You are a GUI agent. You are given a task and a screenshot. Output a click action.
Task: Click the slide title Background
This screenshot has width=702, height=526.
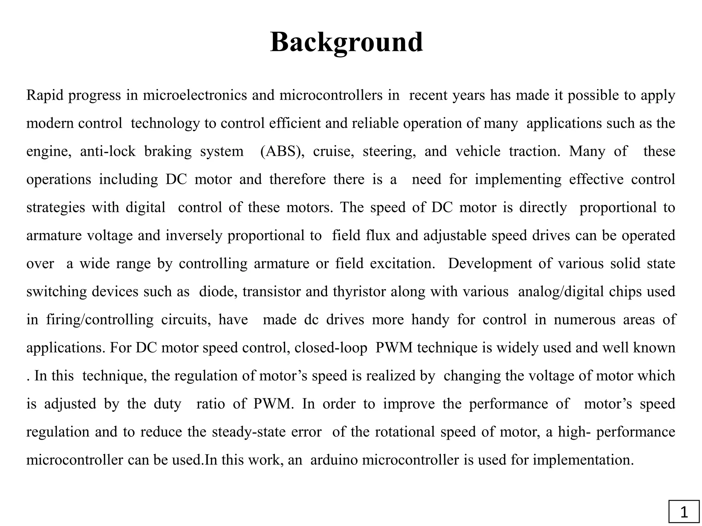click(x=346, y=42)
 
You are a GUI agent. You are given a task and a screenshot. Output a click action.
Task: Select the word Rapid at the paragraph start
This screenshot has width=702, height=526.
click(x=45, y=95)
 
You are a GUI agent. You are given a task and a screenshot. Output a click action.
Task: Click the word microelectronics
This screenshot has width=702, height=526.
click(x=195, y=95)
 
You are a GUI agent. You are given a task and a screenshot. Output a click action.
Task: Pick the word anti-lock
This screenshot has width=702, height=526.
click(x=108, y=151)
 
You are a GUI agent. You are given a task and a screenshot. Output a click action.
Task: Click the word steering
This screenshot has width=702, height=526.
click(x=389, y=151)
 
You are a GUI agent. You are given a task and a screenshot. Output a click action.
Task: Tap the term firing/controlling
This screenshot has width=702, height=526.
click(x=100, y=320)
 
